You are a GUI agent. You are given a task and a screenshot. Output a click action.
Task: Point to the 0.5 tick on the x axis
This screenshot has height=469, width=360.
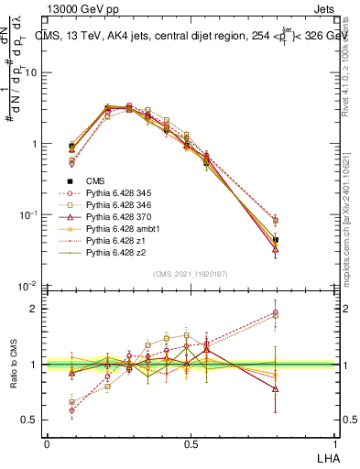191,442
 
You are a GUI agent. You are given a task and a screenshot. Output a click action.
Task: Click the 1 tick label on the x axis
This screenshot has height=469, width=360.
335,442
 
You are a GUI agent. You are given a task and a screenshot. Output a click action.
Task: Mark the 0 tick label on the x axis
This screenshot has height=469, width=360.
47,442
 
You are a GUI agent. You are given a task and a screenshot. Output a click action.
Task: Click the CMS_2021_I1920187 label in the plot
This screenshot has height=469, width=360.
191,274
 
